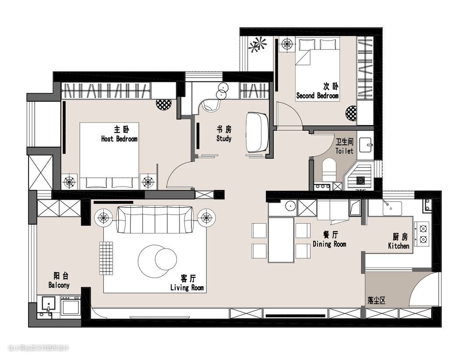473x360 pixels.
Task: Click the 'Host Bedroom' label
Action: pos(119,139)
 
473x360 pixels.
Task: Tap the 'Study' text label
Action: pos(224,139)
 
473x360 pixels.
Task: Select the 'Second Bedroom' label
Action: pos(318,96)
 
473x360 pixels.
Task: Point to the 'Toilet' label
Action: pos(344,151)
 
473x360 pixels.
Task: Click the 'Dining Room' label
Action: pos(329,244)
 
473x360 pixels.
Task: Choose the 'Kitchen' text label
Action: pos(399,246)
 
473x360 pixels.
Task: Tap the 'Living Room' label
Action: pos(187,288)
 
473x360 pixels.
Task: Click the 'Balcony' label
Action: pos(59,285)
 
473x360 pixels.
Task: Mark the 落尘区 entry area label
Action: pos(377,300)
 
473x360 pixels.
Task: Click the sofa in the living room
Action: pos(155,219)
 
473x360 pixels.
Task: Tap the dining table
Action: pos(281,240)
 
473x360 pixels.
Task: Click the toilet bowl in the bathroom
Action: pos(328,170)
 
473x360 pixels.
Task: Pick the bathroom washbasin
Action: pos(366,145)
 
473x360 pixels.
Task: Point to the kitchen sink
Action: pos(392,208)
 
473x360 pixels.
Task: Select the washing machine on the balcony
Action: pos(71,306)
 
